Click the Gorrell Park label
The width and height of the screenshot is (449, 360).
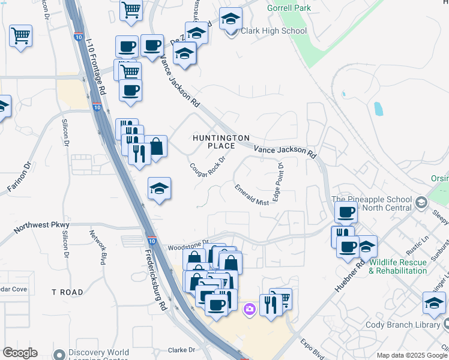289,8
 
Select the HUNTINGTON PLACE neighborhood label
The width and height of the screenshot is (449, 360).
220,142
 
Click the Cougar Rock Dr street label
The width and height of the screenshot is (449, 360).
207,167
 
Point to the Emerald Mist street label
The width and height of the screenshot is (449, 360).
252,194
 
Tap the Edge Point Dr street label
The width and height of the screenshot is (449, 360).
278,182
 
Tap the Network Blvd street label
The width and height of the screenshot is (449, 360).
97,248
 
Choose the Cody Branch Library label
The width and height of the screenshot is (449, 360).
403,325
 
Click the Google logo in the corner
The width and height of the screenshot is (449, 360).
20,353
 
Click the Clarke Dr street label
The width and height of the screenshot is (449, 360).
182,350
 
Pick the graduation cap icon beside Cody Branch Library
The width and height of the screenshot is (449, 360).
434,303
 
